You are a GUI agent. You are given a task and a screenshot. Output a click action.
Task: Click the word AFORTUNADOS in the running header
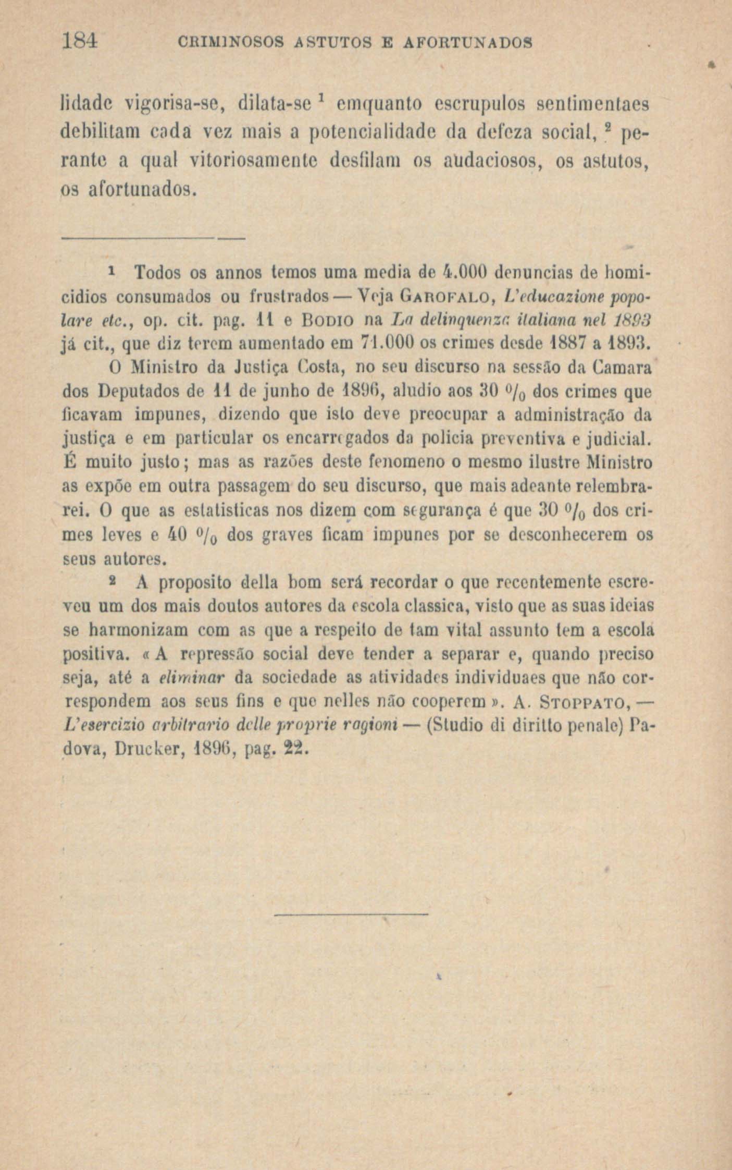(468, 42)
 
